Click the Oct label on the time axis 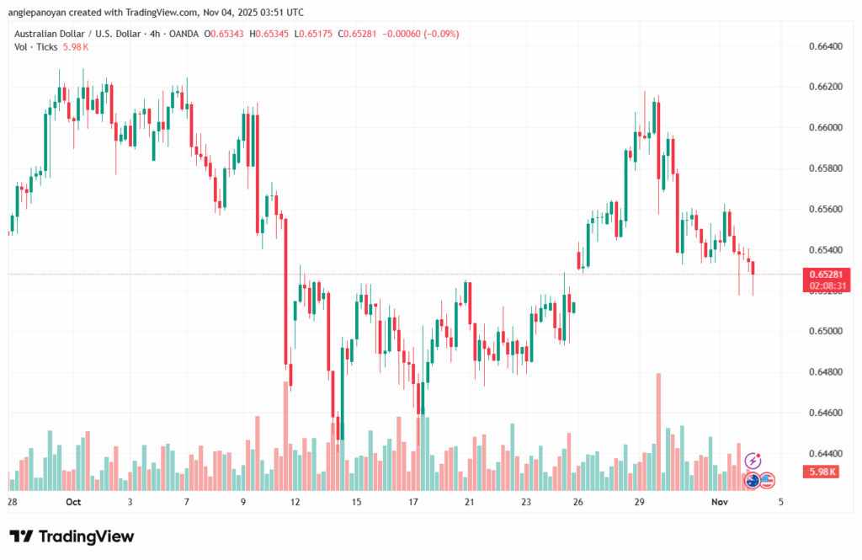pos(72,501)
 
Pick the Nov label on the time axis pos(717,501)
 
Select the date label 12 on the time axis pos(295,501)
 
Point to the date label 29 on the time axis pos(640,501)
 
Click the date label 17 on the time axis pos(413,501)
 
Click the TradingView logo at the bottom pos(72,536)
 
